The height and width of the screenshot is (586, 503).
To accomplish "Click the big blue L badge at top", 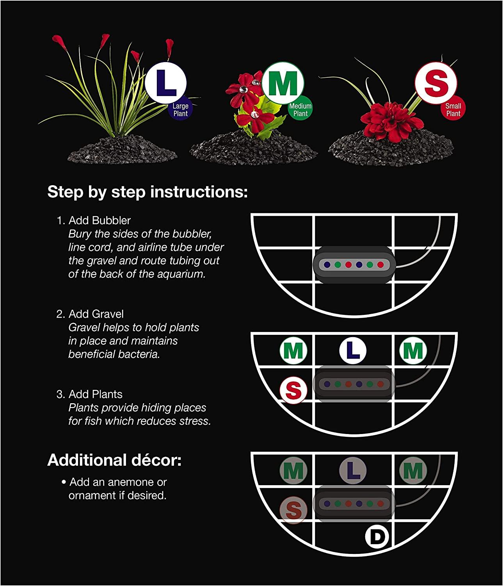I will [166, 82].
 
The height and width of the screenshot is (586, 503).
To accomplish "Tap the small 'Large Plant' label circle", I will [181, 109].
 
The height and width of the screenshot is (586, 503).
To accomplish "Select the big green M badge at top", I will [282, 82].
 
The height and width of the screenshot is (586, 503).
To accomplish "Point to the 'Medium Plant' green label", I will [300, 109].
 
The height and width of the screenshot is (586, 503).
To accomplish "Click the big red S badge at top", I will [435, 82].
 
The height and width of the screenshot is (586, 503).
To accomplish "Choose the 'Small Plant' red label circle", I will [453, 109].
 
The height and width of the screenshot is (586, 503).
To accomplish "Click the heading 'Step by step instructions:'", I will [148, 192].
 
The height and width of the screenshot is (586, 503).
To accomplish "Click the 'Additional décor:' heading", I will [114, 460].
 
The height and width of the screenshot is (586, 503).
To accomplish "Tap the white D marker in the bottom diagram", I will [377, 537].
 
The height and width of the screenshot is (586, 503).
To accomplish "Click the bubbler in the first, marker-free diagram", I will [354, 264].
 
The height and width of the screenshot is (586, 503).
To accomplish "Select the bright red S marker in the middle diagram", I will [293, 390].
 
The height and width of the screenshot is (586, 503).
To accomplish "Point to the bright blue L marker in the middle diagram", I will [353, 350].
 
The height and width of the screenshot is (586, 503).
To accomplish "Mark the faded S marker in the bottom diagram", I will [293, 509].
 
